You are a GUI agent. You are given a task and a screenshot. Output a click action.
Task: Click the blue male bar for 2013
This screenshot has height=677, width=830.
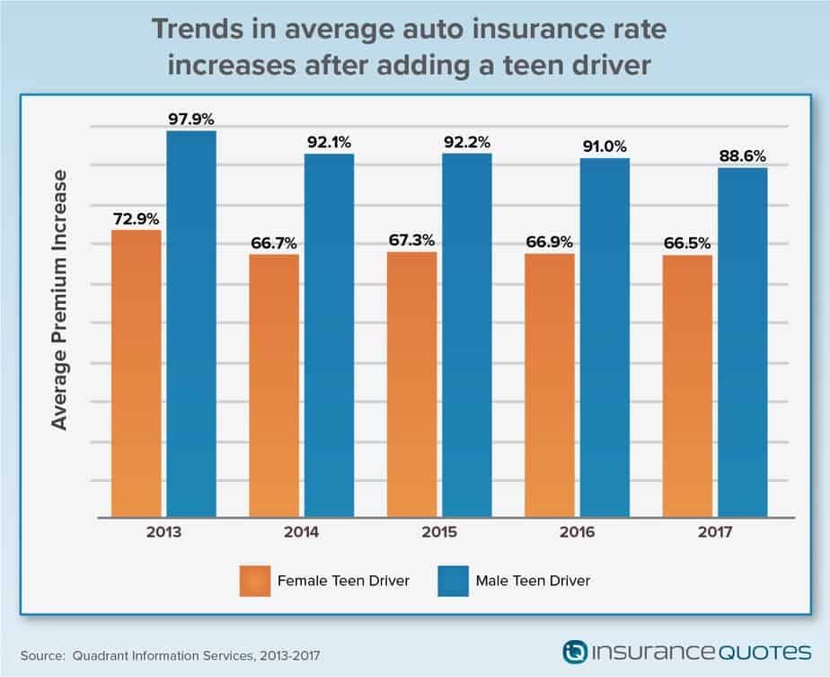[x=191, y=325]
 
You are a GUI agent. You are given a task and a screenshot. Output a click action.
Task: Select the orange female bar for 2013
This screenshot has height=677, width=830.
[x=137, y=373]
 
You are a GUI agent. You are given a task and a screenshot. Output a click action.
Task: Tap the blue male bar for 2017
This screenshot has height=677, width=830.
[x=743, y=343]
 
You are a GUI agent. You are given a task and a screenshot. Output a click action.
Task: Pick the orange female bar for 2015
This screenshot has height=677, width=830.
[x=411, y=385]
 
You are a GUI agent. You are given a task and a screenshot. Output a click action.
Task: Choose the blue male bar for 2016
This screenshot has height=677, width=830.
[x=605, y=338]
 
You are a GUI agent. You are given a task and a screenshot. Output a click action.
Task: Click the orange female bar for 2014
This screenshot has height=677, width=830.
[x=274, y=387]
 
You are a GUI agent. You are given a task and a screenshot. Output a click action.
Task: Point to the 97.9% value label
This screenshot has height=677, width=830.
[x=191, y=120]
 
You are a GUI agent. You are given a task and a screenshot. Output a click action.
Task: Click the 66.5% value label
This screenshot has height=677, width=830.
[x=687, y=243]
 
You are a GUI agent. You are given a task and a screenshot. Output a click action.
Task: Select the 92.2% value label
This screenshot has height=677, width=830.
[x=467, y=142]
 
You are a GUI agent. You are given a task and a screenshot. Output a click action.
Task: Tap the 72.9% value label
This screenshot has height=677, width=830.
[x=136, y=218]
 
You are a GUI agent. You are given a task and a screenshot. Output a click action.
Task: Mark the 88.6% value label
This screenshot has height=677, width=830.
[x=742, y=156]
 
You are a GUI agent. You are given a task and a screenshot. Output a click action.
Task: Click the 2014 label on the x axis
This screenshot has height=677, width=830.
[x=301, y=532]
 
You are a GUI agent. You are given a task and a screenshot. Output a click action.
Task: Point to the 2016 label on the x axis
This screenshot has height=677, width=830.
[x=577, y=532]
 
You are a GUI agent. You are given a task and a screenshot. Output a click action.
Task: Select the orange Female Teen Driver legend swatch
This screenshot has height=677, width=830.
[x=255, y=581]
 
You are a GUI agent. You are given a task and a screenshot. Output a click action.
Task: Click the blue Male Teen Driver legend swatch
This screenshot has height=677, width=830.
[x=453, y=581]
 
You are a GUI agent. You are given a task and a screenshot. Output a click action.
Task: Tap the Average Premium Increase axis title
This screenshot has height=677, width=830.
[x=59, y=299]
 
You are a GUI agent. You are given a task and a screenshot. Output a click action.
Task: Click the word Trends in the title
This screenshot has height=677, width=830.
[x=197, y=29]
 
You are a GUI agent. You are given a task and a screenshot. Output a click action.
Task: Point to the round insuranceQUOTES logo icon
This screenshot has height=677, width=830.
[x=575, y=652]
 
